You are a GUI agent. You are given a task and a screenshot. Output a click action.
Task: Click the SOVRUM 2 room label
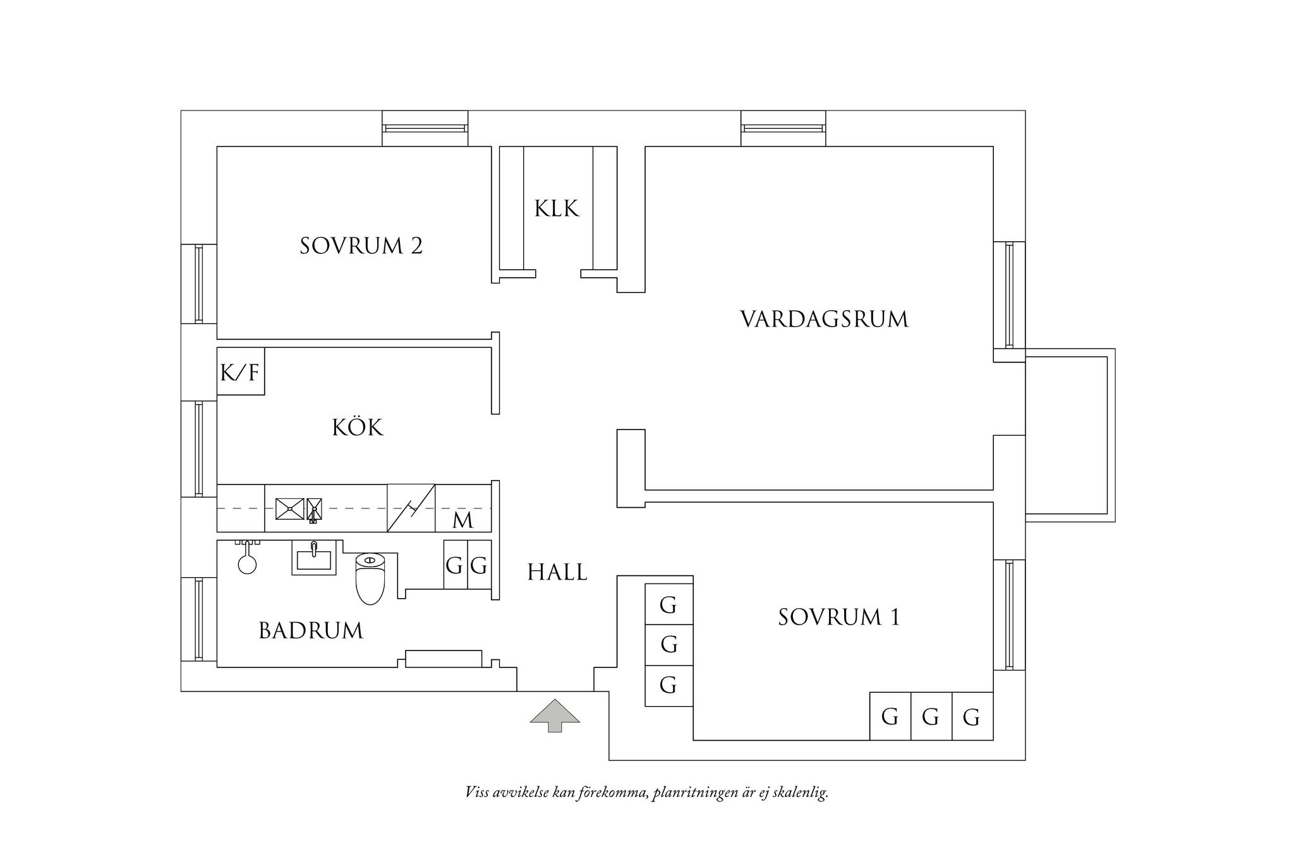click(x=361, y=246)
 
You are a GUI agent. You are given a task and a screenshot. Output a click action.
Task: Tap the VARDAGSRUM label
click(x=824, y=320)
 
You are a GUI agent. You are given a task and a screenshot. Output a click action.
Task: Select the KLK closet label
click(x=557, y=208)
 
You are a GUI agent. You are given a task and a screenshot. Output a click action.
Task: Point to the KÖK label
click(x=358, y=428)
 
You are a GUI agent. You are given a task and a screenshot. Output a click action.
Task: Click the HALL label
click(x=557, y=572)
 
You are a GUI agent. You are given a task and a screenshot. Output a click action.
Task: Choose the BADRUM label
click(x=311, y=631)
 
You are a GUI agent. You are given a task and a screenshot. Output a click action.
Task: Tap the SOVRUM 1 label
click(x=838, y=617)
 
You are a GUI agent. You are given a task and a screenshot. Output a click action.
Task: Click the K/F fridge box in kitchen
click(x=241, y=371)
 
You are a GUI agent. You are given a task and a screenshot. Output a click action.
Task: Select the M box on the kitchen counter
click(x=463, y=508)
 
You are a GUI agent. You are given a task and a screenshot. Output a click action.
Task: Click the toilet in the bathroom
click(x=370, y=578)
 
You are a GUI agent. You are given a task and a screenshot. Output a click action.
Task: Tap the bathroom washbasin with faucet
click(x=313, y=557)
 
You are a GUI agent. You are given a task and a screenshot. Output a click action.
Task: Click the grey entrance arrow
click(x=555, y=715)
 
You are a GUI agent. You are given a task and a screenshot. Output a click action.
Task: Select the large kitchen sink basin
click(x=290, y=509)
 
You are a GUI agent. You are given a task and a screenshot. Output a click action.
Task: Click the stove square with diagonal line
click(x=411, y=508)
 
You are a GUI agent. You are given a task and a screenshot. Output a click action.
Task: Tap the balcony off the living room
click(x=1070, y=435)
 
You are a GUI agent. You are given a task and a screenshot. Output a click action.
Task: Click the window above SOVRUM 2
click(x=425, y=128)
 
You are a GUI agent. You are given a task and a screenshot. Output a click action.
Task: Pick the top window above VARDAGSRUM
click(x=783, y=128)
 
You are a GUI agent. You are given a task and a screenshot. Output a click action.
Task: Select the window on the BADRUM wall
click(x=199, y=620)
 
